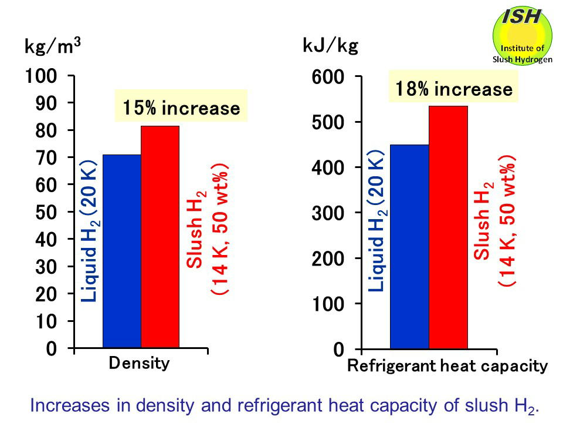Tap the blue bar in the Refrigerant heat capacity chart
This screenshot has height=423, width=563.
point(409,247)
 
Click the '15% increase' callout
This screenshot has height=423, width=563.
point(181,109)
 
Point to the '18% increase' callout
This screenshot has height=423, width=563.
point(453,89)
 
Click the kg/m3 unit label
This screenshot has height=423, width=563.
point(52,46)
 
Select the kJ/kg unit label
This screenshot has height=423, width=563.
point(330,46)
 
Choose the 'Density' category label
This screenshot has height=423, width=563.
point(139,363)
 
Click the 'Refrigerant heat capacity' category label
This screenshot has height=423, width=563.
point(447,367)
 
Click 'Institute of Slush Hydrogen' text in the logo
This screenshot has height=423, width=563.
point(522,54)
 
